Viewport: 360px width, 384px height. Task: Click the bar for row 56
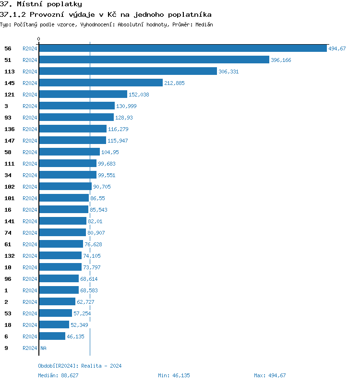click(x=182, y=48)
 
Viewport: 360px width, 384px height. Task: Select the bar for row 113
click(x=128, y=71)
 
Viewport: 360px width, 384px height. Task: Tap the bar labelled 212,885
click(x=101, y=83)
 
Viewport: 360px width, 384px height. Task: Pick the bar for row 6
click(x=52, y=336)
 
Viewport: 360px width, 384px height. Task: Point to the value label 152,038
click(x=139, y=95)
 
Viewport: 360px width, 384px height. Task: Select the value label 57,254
click(x=82, y=313)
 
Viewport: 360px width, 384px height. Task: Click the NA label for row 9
click(x=43, y=348)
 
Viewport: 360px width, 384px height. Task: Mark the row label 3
click(x=6, y=106)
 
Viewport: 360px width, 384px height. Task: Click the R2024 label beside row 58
click(x=30, y=152)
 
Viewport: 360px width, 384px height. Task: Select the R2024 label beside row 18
click(x=30, y=325)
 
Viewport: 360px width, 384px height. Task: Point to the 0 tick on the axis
click(x=39, y=39)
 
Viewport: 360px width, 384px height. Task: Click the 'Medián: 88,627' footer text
click(x=59, y=375)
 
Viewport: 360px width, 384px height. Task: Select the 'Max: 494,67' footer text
click(x=270, y=375)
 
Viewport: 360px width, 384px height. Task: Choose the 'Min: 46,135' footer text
click(x=174, y=375)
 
